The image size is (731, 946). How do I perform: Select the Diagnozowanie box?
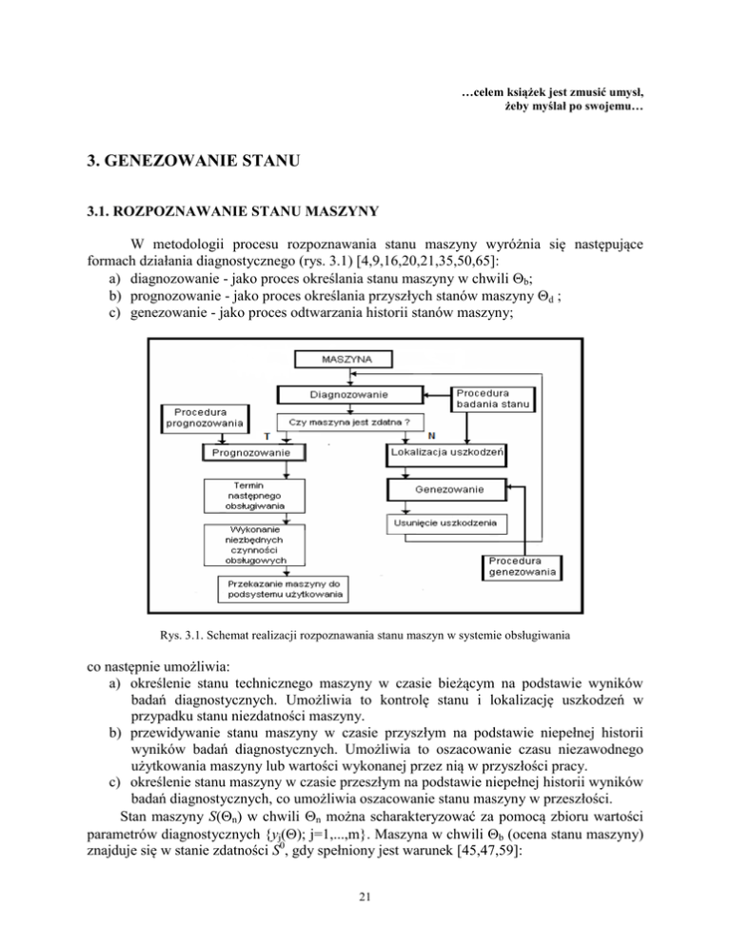(346, 393)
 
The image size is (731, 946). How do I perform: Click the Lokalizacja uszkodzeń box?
(446, 451)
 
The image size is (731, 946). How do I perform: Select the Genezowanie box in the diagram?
(446, 489)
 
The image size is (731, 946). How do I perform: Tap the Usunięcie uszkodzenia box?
(446, 523)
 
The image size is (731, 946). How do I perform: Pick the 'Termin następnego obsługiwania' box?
(254, 493)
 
